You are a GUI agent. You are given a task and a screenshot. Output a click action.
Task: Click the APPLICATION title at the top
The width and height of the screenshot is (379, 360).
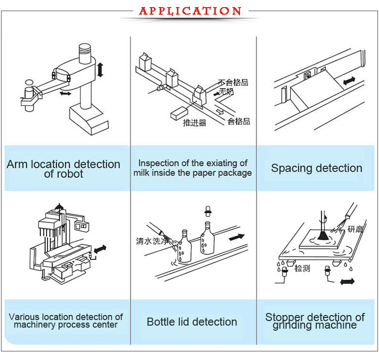pos(190,11)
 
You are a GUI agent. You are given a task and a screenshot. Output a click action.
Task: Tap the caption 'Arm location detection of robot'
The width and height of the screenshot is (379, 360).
pos(63,169)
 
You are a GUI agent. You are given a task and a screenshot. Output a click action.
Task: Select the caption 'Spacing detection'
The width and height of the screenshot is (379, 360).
pos(316,168)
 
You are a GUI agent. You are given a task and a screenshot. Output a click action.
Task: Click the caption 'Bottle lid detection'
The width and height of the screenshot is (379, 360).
pos(192,322)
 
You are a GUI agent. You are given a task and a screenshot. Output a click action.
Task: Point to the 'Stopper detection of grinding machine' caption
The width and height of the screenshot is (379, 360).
pos(315,321)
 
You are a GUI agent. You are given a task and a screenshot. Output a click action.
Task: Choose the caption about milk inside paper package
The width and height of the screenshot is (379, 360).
pos(193,168)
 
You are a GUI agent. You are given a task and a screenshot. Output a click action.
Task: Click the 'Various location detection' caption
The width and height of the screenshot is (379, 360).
pos(66,321)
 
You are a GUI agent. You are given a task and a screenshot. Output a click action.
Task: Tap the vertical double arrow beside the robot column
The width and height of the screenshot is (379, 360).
pos(100,69)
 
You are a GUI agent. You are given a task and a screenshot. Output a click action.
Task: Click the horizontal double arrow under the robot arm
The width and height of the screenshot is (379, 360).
pos(65,94)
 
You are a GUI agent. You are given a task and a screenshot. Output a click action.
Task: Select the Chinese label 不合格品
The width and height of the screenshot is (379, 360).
pos(233,82)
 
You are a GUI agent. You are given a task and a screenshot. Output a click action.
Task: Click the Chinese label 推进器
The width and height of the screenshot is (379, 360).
pos(194,123)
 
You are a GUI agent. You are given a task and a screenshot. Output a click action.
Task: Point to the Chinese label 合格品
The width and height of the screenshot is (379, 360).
pos(239,121)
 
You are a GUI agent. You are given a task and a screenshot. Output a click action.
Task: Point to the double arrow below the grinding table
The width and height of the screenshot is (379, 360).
pos(347,281)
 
